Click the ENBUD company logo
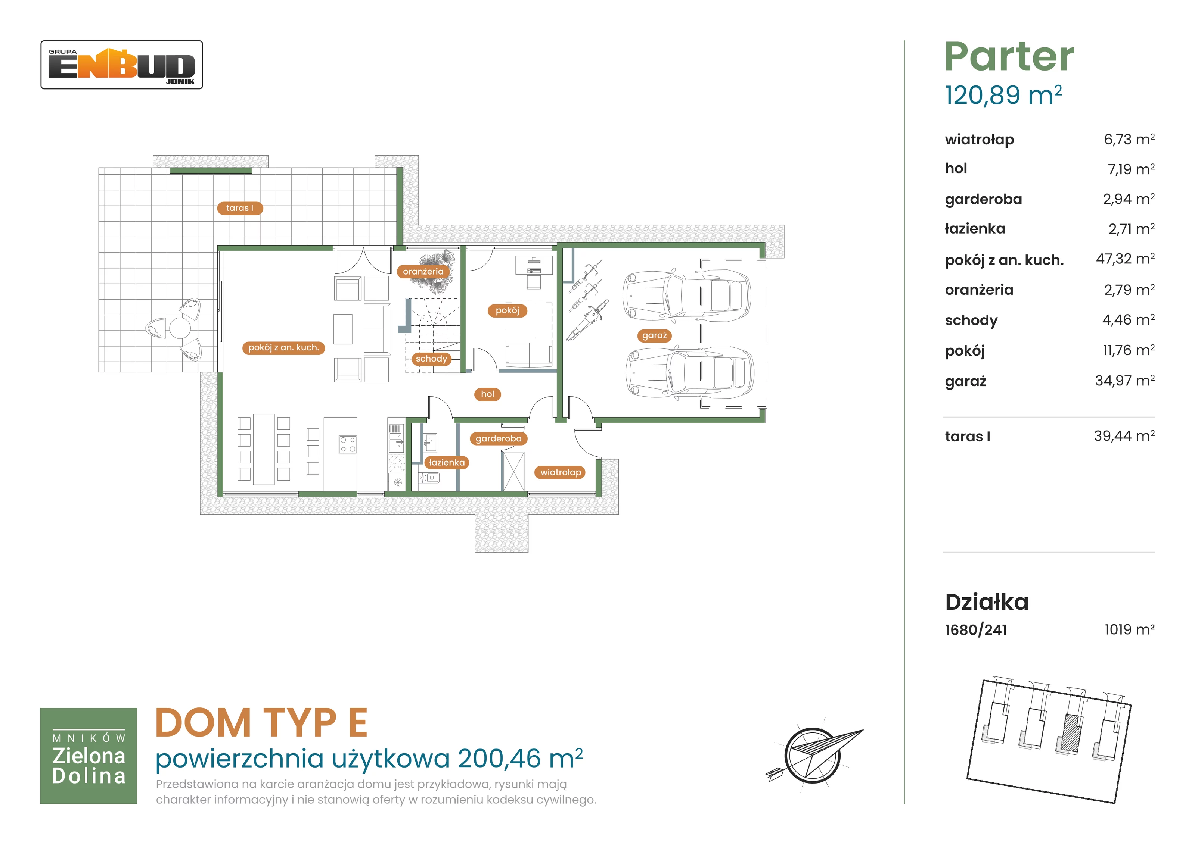point(122,65)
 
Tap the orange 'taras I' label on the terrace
point(240,208)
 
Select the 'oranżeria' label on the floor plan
point(423,272)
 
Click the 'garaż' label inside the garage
point(654,335)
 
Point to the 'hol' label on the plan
point(488,394)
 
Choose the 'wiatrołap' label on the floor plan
point(560,472)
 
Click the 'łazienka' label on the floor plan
point(447,462)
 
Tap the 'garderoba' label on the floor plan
point(499,438)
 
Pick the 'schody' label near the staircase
point(431,359)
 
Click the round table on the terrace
point(180,328)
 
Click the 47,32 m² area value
point(1125,259)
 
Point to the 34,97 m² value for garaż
point(1125,380)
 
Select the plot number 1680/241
point(976,630)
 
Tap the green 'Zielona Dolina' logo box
point(89,756)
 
